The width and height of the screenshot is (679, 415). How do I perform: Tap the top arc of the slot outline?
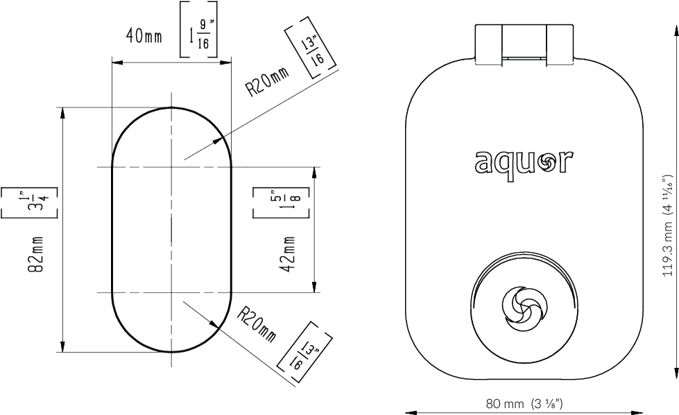click(x=170, y=109)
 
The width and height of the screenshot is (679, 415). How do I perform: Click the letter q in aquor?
click(x=504, y=166)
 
